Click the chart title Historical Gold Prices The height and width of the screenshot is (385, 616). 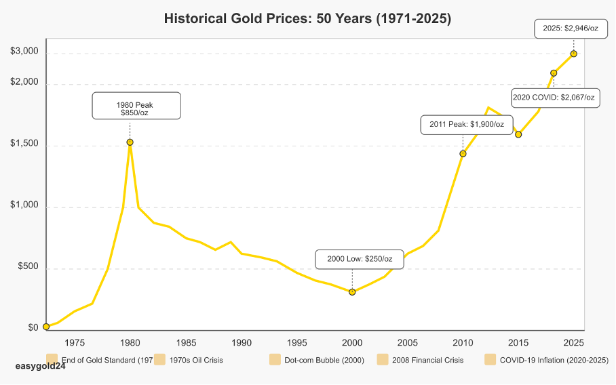307,19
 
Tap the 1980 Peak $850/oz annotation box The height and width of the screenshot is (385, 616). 136,106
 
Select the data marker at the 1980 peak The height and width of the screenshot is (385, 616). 130,142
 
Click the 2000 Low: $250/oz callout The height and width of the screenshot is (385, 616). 360,259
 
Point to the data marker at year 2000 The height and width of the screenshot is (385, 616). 352,292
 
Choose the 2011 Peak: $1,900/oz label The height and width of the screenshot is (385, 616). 467,125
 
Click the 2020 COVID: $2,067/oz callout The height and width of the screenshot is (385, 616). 554,98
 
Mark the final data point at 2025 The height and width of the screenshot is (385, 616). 574,54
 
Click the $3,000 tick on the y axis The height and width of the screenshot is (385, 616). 24,52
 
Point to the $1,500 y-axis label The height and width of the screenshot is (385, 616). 24,145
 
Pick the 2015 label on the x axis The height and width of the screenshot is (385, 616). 518,342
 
